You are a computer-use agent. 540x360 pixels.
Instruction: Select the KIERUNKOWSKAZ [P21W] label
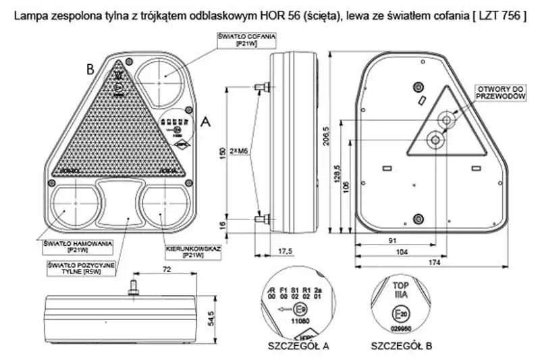[x=194, y=252]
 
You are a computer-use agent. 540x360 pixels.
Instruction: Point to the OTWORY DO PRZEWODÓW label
[x=500, y=93]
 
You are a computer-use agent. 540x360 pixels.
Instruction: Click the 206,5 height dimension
[x=327, y=135]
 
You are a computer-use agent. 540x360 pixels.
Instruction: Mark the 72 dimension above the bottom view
[x=167, y=270]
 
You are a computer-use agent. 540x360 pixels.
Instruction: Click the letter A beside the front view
[x=207, y=122]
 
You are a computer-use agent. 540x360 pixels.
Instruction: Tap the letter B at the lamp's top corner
[x=90, y=68]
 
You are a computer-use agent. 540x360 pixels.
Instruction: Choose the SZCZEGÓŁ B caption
[x=402, y=346]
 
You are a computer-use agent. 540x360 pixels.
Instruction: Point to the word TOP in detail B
[x=400, y=284]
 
